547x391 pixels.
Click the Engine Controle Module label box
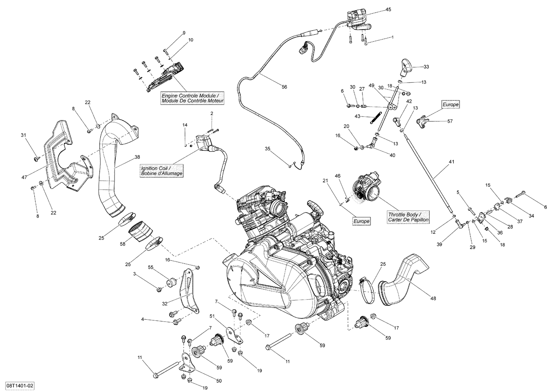pos(192,98)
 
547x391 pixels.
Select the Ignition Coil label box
pos(162,171)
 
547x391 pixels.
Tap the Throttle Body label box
pos(408,217)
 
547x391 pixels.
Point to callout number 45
pos(388,9)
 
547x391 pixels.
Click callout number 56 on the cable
pos(284,87)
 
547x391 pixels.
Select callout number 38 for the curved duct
pos(137,157)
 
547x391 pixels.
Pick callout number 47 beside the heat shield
pos(25,177)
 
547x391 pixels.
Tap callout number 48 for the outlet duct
pos(433,299)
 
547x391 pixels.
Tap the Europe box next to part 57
pos(450,104)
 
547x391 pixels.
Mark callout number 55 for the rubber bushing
pos(151,267)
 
